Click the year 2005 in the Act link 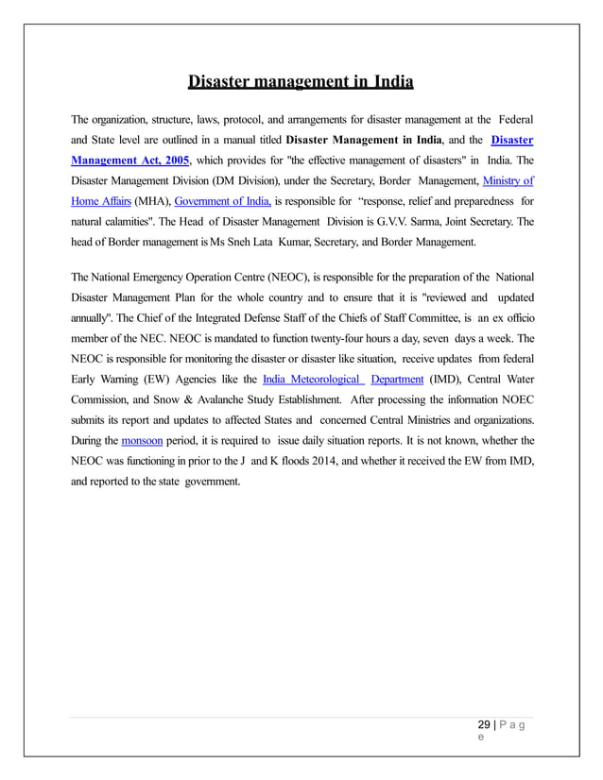pyautogui.click(x=174, y=160)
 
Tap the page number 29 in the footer pyautogui.click(x=484, y=725)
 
